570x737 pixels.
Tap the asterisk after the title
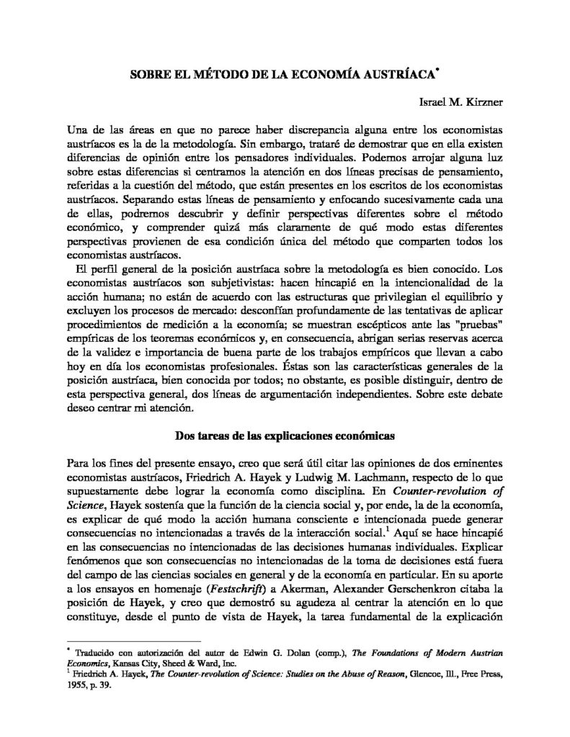click(x=437, y=71)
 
